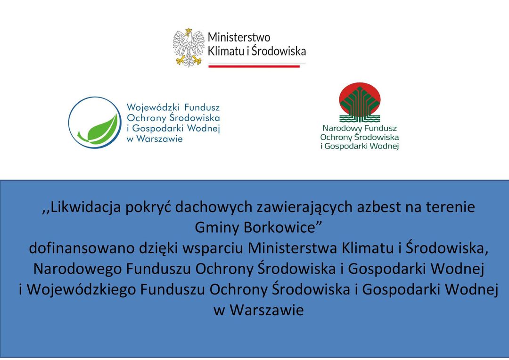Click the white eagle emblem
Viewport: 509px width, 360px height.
point(189,48)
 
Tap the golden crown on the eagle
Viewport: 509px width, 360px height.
point(189,31)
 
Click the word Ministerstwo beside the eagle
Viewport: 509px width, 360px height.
point(239,37)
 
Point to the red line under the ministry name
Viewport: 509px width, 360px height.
point(254,66)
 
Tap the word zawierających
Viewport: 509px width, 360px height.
point(305,207)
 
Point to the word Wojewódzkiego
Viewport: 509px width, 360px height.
point(81,290)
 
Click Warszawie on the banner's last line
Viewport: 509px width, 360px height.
point(266,311)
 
